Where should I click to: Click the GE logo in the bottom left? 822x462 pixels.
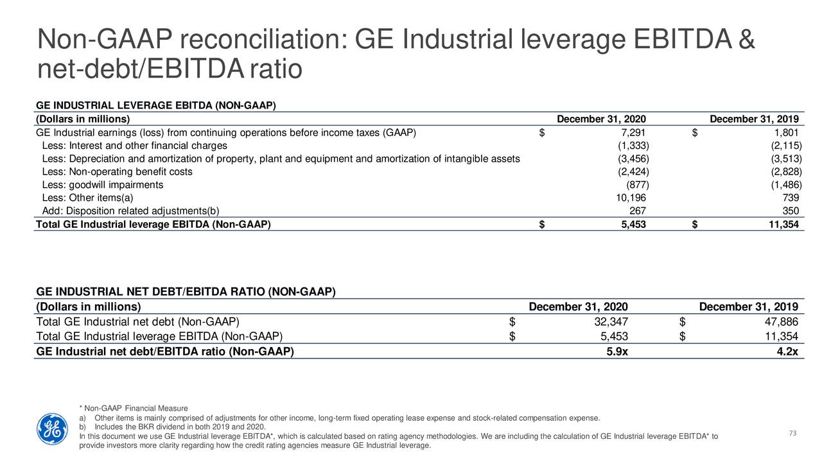[x=52, y=429]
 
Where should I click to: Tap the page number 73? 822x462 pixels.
[x=792, y=433]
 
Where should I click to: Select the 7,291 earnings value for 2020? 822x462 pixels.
[x=633, y=132]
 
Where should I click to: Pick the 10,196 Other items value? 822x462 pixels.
[x=631, y=198]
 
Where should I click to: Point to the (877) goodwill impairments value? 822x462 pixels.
[x=638, y=185]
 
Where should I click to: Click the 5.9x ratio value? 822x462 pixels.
[x=617, y=352]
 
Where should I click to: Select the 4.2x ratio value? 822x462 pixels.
[x=787, y=352]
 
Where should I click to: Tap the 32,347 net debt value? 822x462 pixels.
[x=611, y=322]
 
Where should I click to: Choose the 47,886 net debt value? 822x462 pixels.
[x=782, y=322]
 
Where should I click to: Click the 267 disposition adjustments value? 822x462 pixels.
[x=638, y=211]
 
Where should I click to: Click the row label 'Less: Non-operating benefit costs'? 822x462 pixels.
[x=117, y=171]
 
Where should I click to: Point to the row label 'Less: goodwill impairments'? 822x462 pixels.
[x=103, y=185]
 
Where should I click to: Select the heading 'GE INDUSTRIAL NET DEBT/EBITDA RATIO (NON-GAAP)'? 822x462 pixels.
[x=186, y=292]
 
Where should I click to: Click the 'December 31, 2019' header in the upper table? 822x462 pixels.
[x=755, y=119]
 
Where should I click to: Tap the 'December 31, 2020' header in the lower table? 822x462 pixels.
[x=579, y=307]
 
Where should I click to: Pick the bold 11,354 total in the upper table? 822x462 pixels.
[x=784, y=225]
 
